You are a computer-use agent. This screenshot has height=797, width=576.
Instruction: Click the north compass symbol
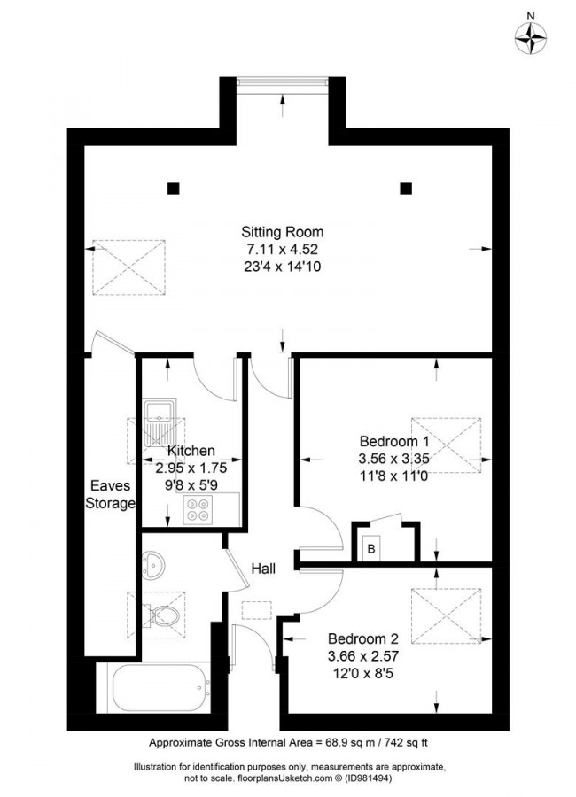pyautogui.click(x=531, y=37)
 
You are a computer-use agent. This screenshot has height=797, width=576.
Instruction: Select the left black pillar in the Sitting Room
pyautogui.click(x=173, y=188)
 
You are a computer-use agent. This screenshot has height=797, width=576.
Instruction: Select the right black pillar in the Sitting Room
pyautogui.click(x=406, y=188)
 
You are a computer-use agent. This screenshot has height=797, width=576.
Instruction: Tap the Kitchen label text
pyautogui.click(x=191, y=451)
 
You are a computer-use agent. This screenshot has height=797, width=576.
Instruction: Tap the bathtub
pyautogui.click(x=159, y=685)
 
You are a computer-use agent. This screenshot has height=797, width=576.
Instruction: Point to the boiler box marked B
pyautogui.click(x=370, y=548)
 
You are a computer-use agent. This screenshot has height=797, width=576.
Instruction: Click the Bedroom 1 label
pyautogui.click(x=394, y=441)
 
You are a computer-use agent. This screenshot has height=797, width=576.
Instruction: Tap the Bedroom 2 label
pyautogui.click(x=363, y=638)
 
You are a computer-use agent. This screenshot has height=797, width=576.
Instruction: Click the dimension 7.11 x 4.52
pyautogui.click(x=276, y=249)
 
